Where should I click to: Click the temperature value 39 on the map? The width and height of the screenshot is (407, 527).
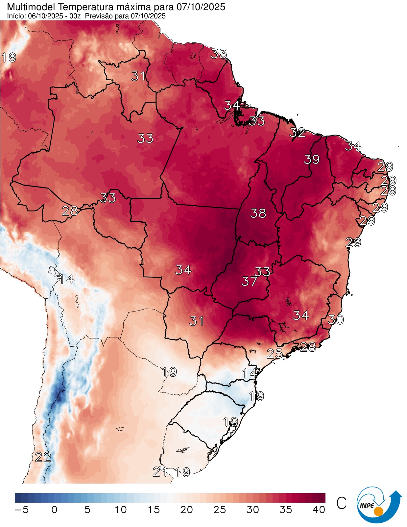tap(311, 160)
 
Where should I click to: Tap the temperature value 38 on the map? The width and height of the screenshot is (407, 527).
tap(258, 213)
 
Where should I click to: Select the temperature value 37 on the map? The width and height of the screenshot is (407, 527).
tap(249, 281)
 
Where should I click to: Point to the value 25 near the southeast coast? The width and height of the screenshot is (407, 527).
tap(274, 354)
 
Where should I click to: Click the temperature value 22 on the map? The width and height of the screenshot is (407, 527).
tap(43, 457)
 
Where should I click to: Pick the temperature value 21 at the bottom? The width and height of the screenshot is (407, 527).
tap(160, 472)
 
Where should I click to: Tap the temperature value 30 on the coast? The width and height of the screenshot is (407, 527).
tap(336, 319)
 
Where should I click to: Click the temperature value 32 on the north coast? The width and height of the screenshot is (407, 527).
tap(297, 133)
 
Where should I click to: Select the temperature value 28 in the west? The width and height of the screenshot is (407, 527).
tap(70, 211)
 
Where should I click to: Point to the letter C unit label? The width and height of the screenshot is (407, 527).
tap(341, 503)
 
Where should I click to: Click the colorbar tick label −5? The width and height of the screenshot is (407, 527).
tap(22, 510)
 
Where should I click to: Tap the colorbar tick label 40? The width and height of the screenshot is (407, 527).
tap(319, 510)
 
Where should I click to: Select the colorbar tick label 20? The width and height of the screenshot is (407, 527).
tap(186, 510)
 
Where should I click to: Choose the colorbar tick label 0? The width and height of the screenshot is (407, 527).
tap(54, 510)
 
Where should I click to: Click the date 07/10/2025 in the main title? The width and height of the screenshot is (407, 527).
tap(201, 7)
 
